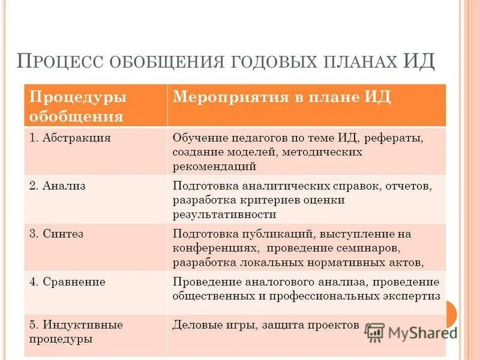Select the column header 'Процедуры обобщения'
point(77,106)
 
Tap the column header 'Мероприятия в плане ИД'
point(281,98)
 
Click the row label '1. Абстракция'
point(70,137)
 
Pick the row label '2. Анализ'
point(58,186)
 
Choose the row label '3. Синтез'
point(56,234)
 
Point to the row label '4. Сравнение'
point(67,281)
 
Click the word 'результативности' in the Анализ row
point(224,214)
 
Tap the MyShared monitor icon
point(374,332)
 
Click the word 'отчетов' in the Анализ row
point(410,186)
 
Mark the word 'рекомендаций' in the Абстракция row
point(214,166)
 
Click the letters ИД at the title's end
point(418,62)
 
